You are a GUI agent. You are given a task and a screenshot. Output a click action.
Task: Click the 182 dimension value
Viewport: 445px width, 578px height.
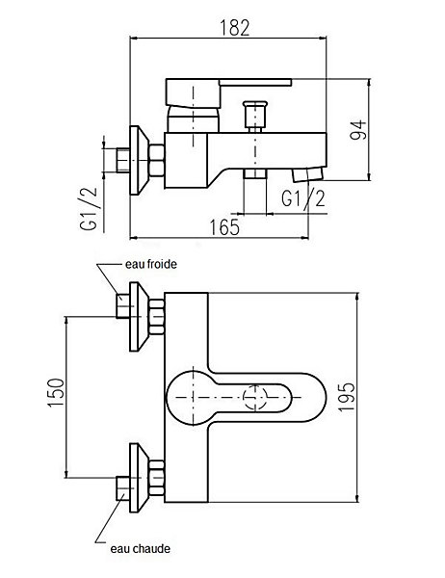point(234,28)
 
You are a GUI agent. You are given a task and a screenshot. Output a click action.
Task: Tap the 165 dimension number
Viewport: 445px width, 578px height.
point(224,227)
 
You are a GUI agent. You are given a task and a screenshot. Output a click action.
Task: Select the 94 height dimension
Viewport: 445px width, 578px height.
point(358,129)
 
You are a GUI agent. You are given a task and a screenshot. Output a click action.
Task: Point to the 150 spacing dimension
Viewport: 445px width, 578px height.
point(56,392)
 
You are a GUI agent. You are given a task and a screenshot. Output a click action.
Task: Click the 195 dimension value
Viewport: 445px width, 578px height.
point(347,397)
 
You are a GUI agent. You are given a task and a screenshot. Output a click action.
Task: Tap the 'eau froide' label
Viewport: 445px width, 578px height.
point(151,264)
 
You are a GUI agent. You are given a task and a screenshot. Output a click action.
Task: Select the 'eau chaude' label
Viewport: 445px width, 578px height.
point(140,549)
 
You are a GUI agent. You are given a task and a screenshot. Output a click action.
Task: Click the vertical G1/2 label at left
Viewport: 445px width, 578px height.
point(89,209)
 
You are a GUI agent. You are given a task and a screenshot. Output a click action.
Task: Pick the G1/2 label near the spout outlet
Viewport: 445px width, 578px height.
point(303,198)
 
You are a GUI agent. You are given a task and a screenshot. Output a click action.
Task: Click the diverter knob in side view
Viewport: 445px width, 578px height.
point(254,114)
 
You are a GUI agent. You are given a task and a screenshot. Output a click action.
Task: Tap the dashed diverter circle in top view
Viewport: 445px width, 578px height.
point(255,397)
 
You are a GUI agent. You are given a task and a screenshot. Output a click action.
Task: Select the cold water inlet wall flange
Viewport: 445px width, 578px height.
point(139,317)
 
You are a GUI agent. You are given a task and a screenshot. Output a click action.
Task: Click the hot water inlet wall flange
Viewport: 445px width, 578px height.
point(139,478)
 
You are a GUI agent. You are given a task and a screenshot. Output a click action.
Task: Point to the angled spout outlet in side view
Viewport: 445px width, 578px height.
point(308,174)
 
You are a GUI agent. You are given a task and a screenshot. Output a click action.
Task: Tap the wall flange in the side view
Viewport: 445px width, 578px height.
point(139,160)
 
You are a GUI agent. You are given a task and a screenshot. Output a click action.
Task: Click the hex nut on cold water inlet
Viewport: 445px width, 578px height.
point(157,317)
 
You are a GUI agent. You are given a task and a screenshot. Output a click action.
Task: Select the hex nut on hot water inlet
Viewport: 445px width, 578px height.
point(157,478)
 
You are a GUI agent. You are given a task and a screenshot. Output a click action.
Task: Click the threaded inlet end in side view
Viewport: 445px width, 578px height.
point(122,160)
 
